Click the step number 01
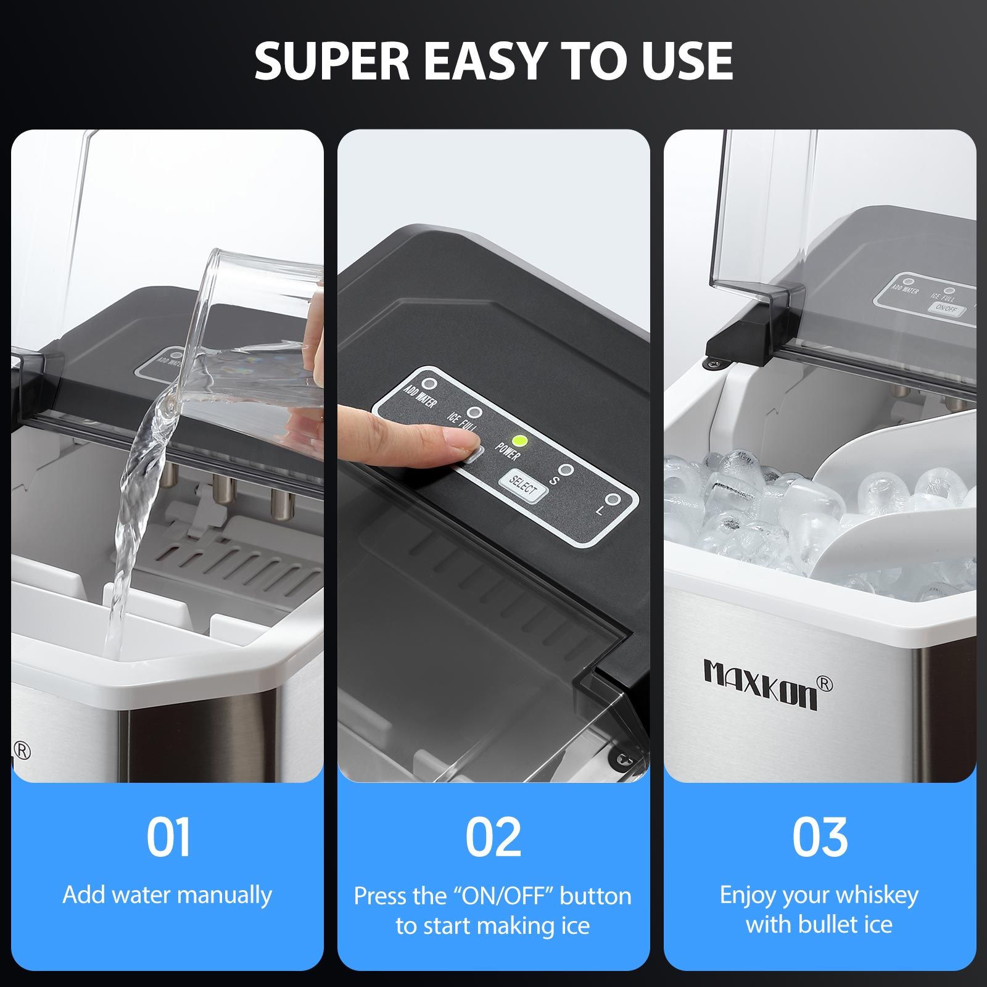pos(168,837)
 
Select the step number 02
pos(493,837)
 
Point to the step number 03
pos(820,837)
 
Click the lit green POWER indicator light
pos(519,440)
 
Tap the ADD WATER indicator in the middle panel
pos(429,384)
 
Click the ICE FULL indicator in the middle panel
pos(474,411)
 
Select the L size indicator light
pos(611,499)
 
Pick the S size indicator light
pos(566,471)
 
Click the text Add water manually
pos(167,895)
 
